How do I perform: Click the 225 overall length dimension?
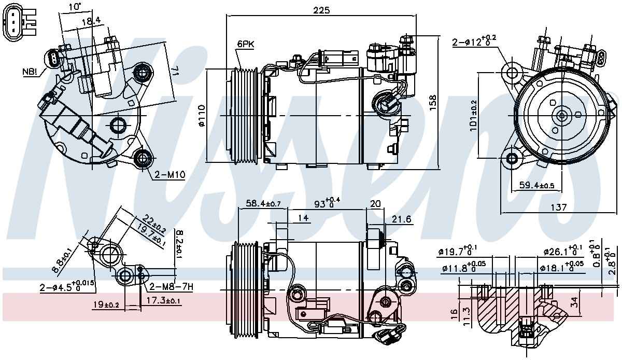[321, 10]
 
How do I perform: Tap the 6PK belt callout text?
[246, 44]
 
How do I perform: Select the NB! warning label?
[30, 72]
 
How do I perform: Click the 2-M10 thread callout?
[169, 175]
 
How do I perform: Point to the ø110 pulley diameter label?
[202, 116]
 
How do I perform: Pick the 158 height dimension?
[433, 103]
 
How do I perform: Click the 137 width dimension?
[558, 207]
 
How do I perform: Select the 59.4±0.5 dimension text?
[536, 185]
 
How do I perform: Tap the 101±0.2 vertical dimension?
[473, 115]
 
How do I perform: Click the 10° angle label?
[75, 6]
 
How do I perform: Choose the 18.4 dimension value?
[91, 21]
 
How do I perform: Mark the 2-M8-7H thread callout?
[171, 287]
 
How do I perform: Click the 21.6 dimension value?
[401, 219]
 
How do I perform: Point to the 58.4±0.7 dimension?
[263, 203]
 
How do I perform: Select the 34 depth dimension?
[574, 302]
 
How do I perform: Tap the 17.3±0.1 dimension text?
[163, 300]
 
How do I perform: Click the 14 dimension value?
[303, 218]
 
